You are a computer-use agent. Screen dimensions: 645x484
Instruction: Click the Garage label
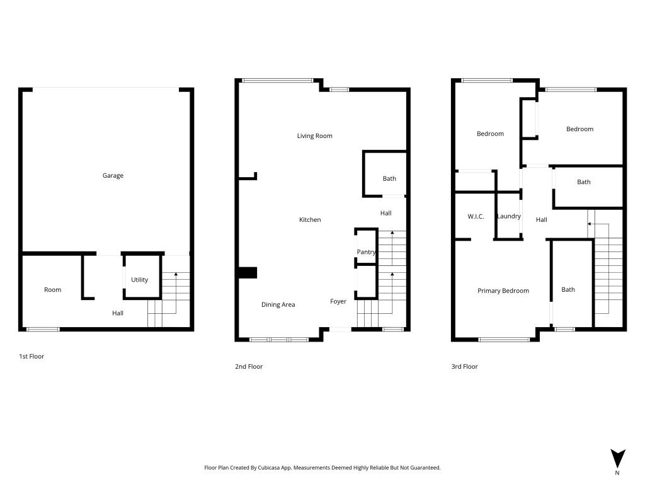click(x=113, y=176)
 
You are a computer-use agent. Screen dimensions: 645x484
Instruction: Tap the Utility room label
click(x=139, y=280)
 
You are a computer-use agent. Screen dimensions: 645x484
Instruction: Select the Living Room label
click(x=315, y=136)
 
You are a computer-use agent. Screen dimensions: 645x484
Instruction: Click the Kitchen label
click(x=310, y=220)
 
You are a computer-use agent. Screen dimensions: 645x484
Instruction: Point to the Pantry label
click(x=366, y=252)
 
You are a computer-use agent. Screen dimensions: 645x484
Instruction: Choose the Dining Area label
click(x=278, y=304)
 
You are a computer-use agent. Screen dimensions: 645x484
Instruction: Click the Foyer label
click(x=338, y=301)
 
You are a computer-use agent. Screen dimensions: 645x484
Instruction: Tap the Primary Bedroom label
click(x=503, y=291)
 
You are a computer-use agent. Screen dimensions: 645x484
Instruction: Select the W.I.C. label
click(x=476, y=217)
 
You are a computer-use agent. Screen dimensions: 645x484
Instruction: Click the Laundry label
click(x=509, y=216)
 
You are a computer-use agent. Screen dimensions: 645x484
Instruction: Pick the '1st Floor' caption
click(x=31, y=357)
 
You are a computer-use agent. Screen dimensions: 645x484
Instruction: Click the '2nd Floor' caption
click(x=248, y=366)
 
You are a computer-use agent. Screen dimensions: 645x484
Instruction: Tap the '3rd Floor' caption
click(x=464, y=366)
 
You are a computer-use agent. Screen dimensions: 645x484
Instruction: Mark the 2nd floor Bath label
click(x=389, y=178)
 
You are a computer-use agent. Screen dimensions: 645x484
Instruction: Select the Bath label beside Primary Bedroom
click(x=568, y=290)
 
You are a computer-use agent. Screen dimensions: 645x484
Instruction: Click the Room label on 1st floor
click(x=53, y=290)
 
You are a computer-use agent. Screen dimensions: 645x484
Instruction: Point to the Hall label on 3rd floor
click(x=541, y=220)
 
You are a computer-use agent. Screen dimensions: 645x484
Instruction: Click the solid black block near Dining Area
click(x=248, y=273)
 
